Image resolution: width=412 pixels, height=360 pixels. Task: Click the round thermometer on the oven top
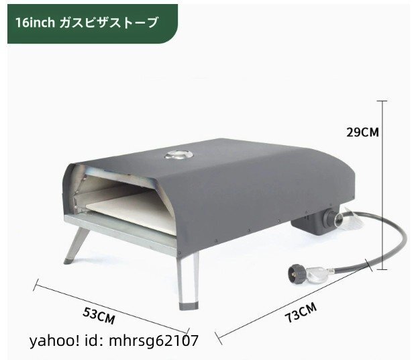tap(177, 156)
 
